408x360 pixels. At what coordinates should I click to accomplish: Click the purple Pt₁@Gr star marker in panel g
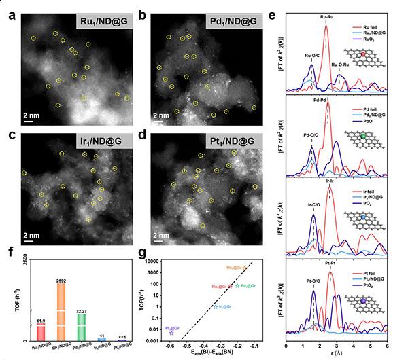[171, 333]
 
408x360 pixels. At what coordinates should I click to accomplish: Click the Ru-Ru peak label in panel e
[327, 14]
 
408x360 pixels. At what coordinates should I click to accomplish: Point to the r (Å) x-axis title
[337, 354]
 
